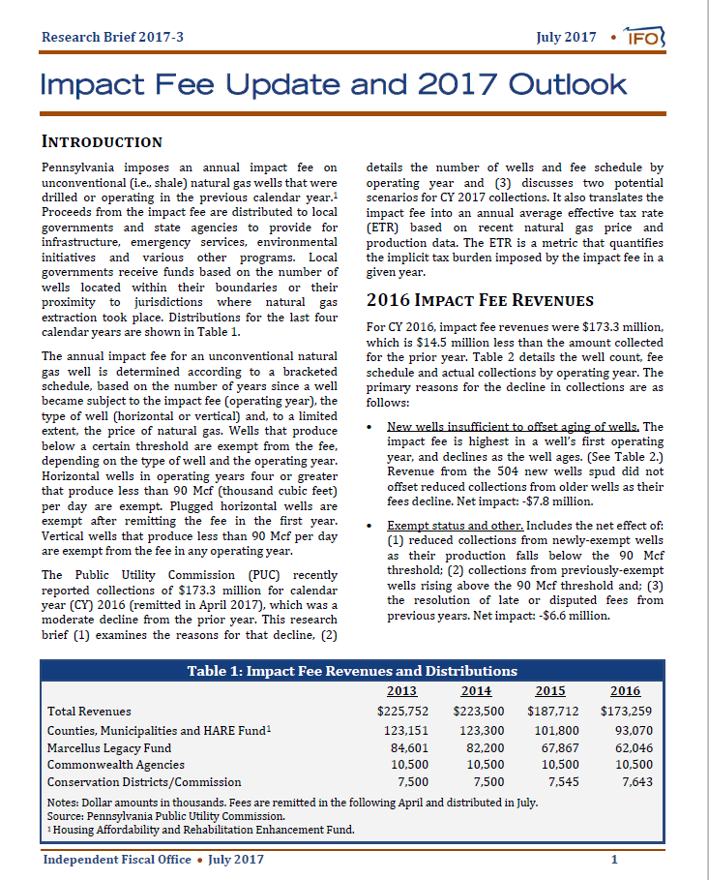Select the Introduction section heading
click(102, 142)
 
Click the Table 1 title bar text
click(352, 671)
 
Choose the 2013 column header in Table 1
click(401, 691)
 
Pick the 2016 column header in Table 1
click(625, 691)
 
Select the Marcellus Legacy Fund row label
click(109, 747)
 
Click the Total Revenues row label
click(89, 712)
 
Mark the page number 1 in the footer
click(614, 860)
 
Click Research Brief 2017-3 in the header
click(112, 38)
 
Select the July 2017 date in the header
click(566, 38)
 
